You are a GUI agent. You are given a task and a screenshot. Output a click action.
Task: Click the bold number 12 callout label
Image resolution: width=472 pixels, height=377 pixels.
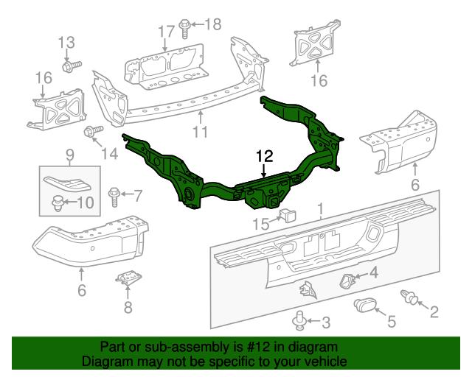264,156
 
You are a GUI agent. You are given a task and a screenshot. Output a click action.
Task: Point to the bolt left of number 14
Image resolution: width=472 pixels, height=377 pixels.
92,133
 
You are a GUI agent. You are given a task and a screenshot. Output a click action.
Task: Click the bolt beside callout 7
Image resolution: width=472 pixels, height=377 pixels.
114,195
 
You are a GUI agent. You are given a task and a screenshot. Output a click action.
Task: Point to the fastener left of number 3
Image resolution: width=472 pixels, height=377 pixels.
299,320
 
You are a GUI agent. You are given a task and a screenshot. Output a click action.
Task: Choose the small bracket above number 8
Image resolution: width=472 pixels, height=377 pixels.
127,279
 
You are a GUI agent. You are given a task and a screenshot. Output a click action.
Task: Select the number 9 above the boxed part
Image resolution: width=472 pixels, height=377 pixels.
69,155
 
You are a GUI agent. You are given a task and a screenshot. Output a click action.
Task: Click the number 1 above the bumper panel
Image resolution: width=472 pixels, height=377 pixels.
320,210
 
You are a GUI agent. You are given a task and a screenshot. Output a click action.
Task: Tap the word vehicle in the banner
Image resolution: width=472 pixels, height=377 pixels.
326,362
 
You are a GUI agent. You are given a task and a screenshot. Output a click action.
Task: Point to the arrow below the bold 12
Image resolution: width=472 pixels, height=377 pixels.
263,172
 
